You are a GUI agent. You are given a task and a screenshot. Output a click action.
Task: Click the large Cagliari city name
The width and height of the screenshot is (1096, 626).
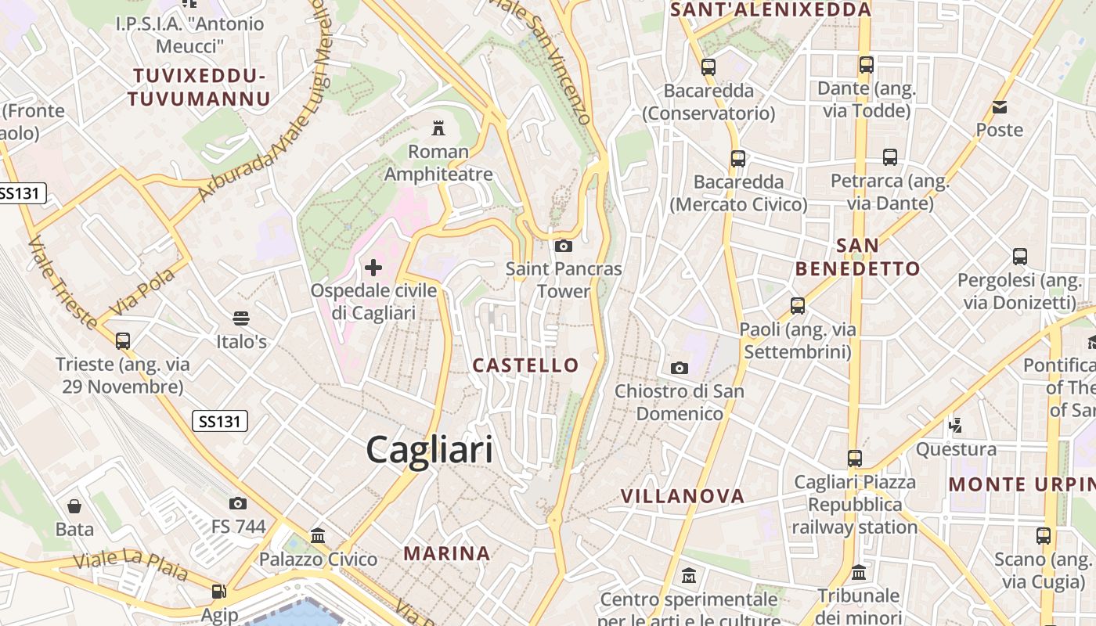430,450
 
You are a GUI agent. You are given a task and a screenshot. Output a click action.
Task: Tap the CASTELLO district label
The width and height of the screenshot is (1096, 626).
525,365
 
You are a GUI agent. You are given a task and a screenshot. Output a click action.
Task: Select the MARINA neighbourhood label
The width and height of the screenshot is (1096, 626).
447,553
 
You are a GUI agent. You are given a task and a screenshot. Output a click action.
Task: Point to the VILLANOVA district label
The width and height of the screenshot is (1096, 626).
683,496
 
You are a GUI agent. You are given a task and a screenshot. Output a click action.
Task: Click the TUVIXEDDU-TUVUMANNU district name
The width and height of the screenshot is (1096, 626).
199,87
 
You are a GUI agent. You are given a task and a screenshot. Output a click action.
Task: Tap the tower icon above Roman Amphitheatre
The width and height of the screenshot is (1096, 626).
438,128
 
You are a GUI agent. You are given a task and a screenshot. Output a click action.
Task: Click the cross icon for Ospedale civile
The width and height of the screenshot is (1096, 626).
373,268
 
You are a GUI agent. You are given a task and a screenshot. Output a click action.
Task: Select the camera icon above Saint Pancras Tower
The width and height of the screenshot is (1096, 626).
563,246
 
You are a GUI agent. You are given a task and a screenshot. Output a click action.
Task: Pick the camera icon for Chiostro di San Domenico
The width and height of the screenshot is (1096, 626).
680,368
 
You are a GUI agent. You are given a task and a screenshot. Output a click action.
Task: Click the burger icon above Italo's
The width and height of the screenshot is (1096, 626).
241,318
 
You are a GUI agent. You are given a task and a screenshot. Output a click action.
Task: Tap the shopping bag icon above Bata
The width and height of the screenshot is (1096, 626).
74,506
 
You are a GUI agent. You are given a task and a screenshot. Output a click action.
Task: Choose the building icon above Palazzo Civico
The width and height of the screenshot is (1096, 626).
318,536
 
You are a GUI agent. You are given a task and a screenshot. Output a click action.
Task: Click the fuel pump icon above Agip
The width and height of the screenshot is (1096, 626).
219,592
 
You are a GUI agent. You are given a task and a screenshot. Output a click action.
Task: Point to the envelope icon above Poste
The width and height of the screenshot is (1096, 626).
1000,107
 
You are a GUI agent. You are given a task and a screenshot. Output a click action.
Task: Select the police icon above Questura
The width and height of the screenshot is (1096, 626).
955,426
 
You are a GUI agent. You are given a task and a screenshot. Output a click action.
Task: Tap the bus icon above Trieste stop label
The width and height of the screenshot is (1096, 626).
123,341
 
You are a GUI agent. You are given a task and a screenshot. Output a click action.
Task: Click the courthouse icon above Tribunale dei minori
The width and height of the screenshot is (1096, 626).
859,573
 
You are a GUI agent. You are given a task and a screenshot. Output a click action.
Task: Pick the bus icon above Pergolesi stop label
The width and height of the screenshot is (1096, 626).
1020,257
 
